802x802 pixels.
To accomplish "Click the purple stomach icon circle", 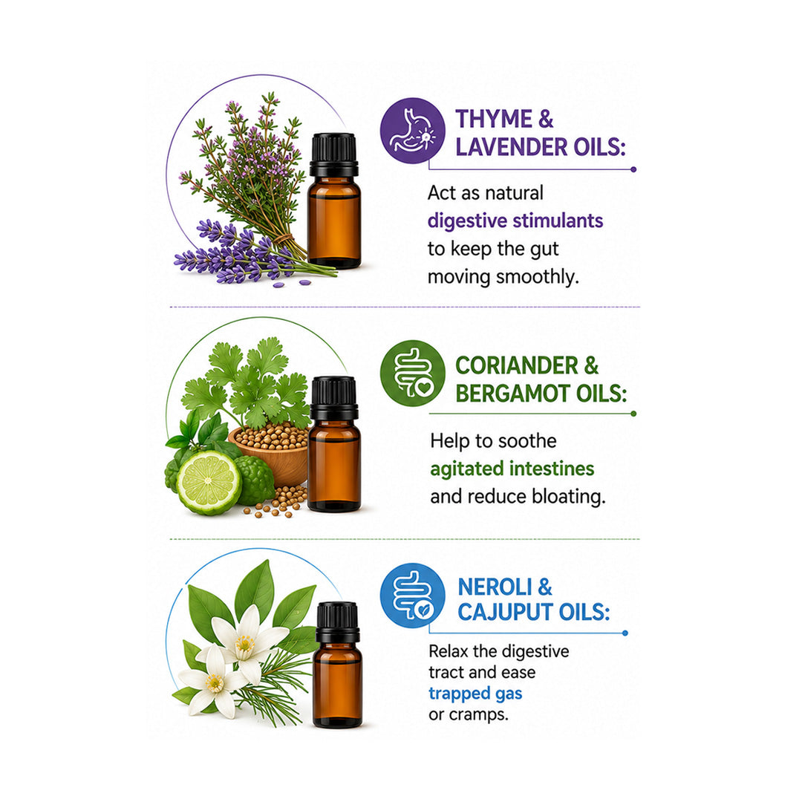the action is (412, 131).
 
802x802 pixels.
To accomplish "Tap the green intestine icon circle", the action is (412, 374).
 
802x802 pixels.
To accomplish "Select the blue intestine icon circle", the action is (412, 596).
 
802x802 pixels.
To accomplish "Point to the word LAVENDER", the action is (512, 147).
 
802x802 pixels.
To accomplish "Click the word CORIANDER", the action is (517, 365).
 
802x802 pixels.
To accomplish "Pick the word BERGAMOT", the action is (512, 394).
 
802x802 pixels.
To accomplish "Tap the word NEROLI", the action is (495, 587).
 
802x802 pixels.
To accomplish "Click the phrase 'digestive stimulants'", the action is (515, 221).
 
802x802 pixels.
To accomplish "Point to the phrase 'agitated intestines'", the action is (512, 469).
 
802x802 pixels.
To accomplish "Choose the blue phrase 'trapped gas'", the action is (475, 694).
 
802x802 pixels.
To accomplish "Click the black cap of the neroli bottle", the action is (338, 622).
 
